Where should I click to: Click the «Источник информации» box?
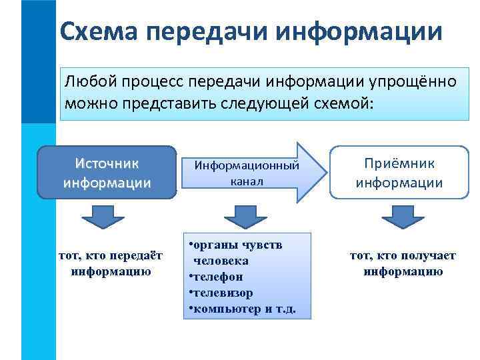click(x=107, y=173)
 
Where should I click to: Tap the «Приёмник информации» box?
click(x=399, y=173)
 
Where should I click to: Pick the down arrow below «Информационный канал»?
click(x=245, y=217)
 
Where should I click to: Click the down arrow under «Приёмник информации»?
click(x=399, y=217)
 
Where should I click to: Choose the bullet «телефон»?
click(x=217, y=276)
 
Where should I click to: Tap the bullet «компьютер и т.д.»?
click(x=243, y=309)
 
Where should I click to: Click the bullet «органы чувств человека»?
click(x=237, y=252)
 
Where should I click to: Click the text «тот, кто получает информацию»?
click(x=403, y=264)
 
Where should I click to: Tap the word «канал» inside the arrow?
click(x=247, y=181)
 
